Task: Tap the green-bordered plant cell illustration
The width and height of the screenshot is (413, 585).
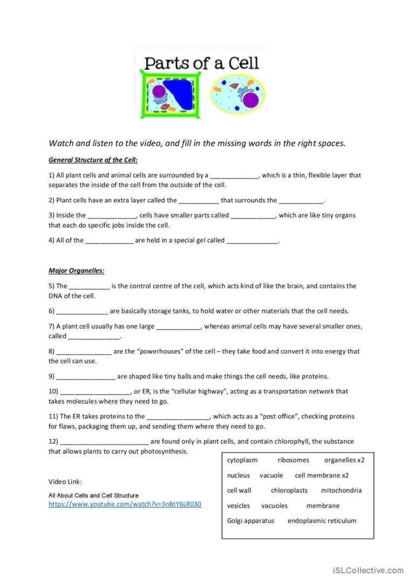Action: [x=168, y=96]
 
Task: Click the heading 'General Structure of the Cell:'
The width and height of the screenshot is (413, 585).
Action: [x=93, y=160]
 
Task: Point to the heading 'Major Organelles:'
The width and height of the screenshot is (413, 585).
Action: [x=77, y=270]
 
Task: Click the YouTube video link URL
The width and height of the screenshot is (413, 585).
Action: [x=125, y=504]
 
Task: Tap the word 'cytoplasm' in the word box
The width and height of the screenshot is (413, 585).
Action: [x=242, y=460]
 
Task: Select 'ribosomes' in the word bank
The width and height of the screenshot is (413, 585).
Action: [x=293, y=460]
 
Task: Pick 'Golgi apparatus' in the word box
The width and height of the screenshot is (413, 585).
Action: [x=251, y=521]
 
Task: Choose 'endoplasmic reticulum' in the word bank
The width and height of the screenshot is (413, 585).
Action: [x=322, y=521]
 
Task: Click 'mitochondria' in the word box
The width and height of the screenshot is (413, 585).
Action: [x=341, y=491]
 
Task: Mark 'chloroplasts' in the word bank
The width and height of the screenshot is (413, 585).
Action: [x=289, y=491]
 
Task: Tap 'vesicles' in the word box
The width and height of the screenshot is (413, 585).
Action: [x=238, y=506]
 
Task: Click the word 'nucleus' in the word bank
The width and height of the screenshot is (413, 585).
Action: [x=238, y=475]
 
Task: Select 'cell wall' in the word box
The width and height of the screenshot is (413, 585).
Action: [x=239, y=491]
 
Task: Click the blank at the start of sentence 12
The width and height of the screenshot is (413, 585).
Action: [x=104, y=441]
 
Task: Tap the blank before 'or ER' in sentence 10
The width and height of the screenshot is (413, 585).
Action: [x=96, y=392]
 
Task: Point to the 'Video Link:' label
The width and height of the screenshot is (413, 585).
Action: [x=65, y=482]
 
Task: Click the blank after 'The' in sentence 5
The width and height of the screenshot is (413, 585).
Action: [x=90, y=287]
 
